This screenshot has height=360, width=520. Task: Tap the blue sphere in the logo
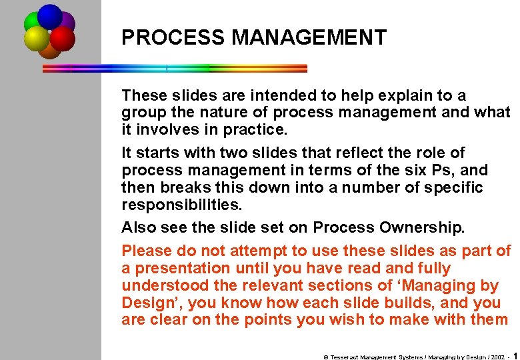click(50, 16)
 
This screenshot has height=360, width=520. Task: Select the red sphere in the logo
click(63, 39)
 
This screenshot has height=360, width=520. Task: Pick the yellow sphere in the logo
click(36, 39)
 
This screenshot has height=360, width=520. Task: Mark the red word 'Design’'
click(151, 303)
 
